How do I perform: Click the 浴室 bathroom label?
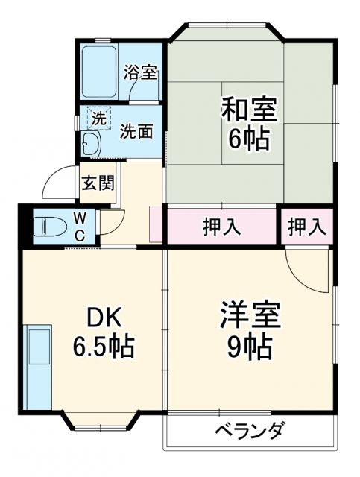(x=140, y=73)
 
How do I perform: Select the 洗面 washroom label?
(x=137, y=131)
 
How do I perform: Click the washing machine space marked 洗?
(x=98, y=118)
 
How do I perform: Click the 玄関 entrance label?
(x=98, y=182)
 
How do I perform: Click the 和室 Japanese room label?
(x=248, y=110)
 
